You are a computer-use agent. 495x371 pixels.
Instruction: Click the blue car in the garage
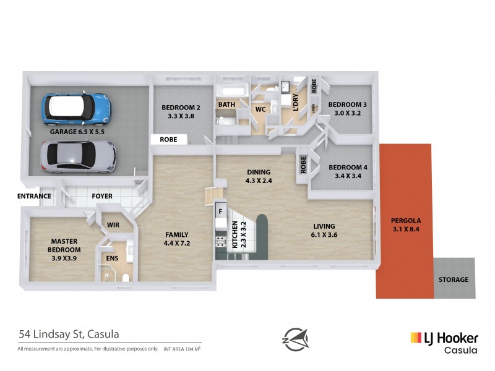tap(75, 108)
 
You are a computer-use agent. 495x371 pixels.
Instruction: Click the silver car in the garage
tap(78, 156)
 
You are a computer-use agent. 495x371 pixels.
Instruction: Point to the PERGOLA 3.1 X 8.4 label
tap(406, 224)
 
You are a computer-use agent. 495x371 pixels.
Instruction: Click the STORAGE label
tap(454, 279)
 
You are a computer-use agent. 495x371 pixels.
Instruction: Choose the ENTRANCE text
tap(34, 196)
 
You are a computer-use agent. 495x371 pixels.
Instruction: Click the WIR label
tap(113, 224)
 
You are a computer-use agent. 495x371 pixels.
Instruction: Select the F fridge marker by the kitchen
tap(220, 211)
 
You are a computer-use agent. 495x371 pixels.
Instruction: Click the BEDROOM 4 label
tap(347, 171)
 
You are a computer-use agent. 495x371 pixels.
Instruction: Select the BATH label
tap(226, 104)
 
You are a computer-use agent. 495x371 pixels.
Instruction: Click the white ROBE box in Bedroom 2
tap(168, 140)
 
